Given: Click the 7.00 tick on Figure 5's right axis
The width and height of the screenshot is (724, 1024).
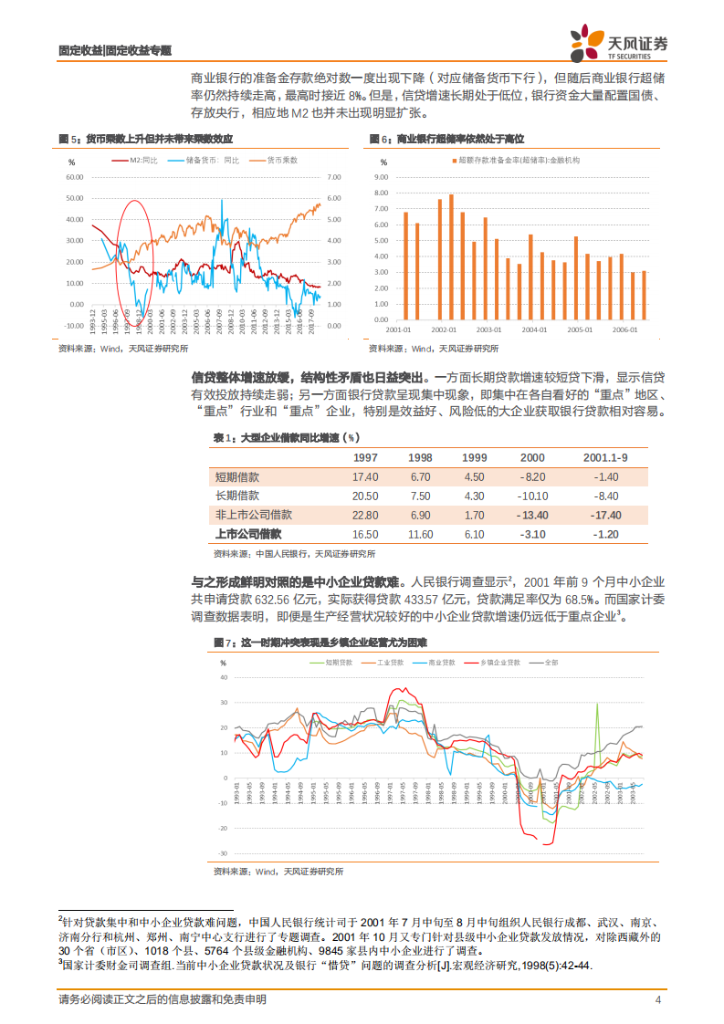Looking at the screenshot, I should click(332, 176).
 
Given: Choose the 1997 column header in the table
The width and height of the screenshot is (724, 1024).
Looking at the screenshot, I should click(365, 457).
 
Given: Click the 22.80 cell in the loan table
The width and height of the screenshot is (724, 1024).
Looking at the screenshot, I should click(365, 515).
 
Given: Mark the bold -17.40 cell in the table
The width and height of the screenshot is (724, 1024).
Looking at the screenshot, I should click(607, 515).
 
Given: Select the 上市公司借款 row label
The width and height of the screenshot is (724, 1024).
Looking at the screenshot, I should click(247, 534).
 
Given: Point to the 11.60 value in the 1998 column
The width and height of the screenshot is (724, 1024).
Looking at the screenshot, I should click(420, 534).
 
